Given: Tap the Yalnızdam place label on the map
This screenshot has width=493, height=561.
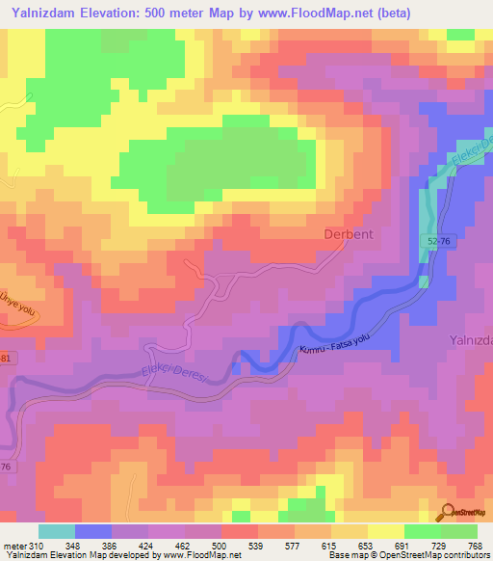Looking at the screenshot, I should click(471, 340).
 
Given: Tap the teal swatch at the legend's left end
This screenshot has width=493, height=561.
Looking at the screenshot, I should click(57, 531).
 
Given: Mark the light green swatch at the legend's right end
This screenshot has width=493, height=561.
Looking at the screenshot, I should click(459, 531).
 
